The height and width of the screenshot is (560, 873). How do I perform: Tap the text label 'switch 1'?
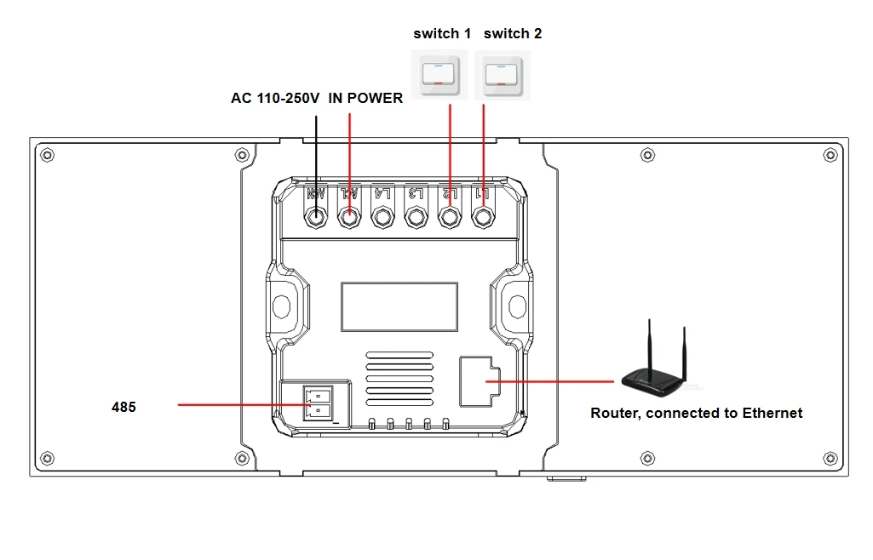coord(442,34)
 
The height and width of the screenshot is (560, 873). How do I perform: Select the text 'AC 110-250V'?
coord(275,99)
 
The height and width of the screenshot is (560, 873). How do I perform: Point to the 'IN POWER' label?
coord(365,99)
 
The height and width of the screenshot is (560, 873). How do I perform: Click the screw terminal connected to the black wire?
coord(315,217)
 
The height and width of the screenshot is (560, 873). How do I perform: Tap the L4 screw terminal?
coord(382,217)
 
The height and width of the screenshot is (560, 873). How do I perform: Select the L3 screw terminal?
coord(416,217)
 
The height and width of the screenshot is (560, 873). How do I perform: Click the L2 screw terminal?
coord(450,217)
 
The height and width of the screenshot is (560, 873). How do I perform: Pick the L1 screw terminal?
coord(483,217)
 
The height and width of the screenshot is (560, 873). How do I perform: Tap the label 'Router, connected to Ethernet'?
coord(696,414)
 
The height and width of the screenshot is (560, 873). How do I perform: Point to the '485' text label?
coord(123,407)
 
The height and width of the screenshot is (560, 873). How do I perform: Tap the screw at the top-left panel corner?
coord(48,155)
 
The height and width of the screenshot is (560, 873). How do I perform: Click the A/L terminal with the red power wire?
coord(348,217)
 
